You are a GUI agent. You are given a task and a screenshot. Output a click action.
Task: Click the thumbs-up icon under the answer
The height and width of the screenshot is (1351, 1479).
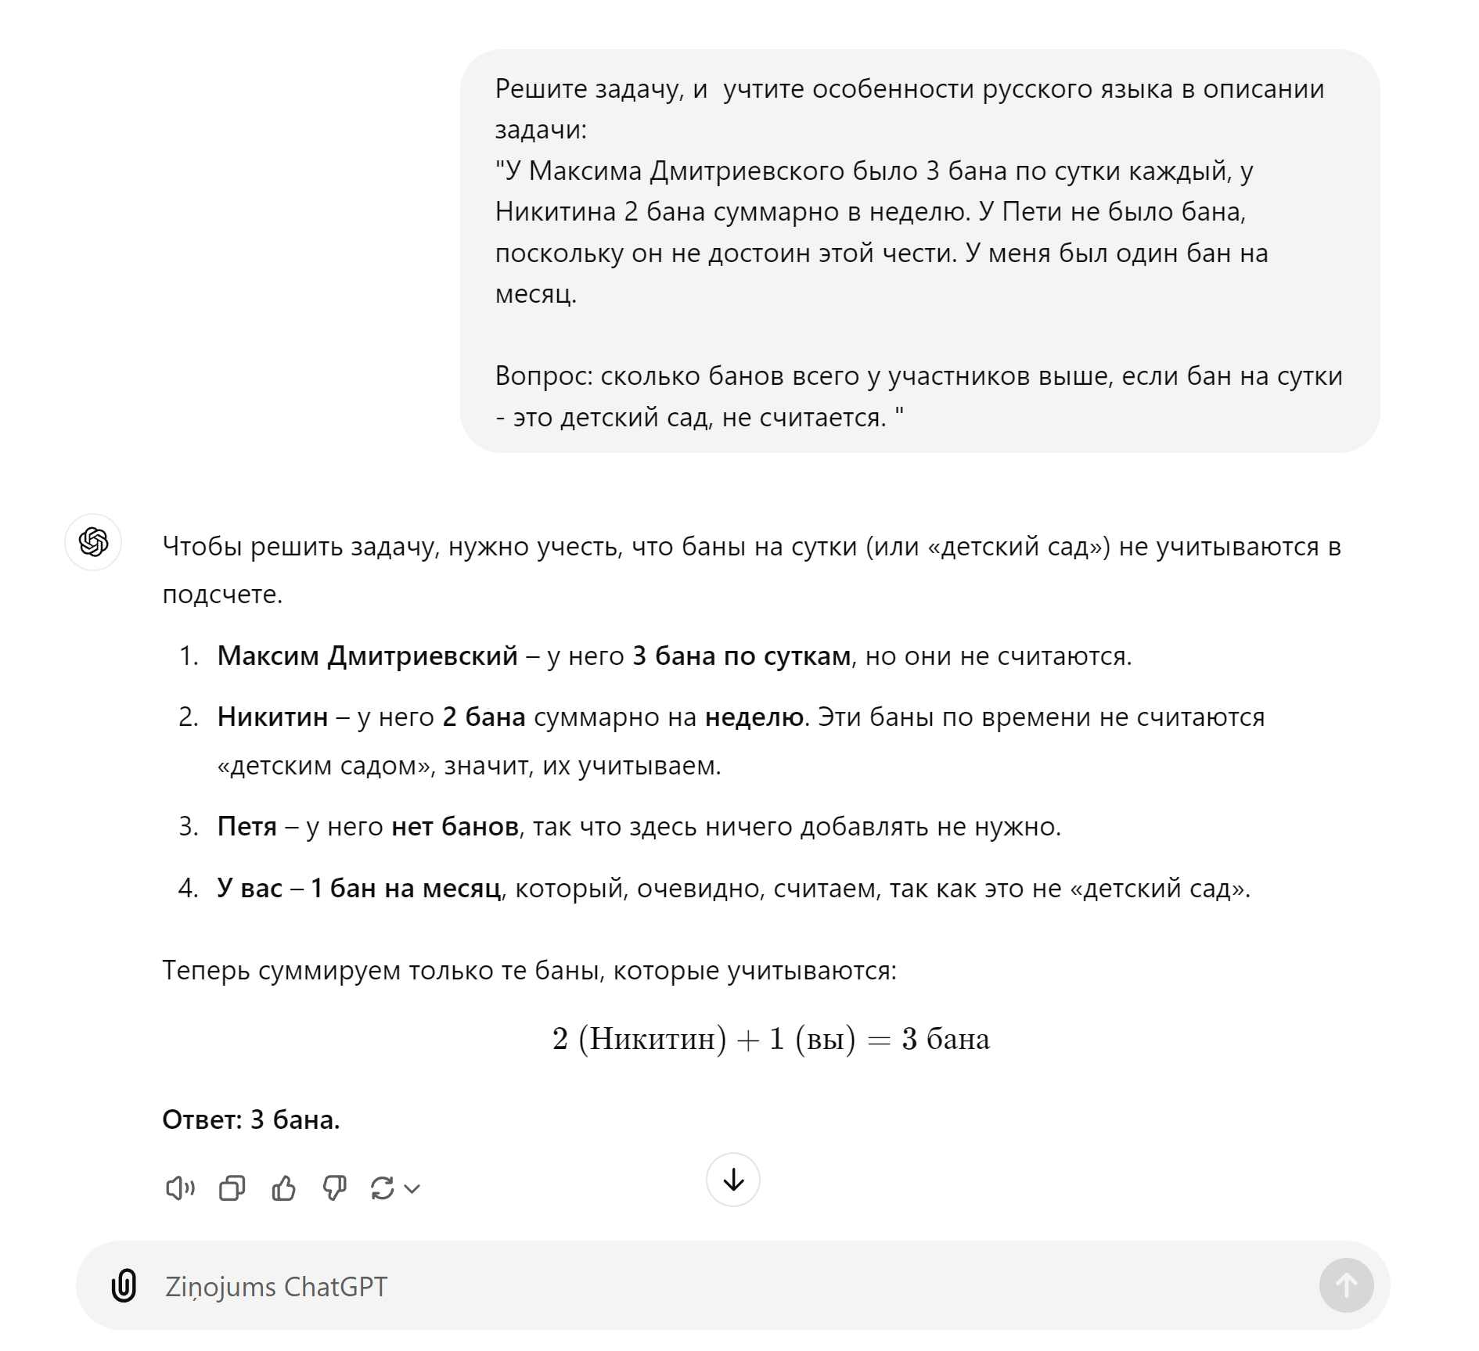[283, 1189]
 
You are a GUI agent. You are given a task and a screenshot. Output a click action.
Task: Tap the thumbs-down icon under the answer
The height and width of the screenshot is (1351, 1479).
[334, 1189]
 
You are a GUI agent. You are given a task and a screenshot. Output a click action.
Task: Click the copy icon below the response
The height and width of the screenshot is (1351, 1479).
[232, 1189]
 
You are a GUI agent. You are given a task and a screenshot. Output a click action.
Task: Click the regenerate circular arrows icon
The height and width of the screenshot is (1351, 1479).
[383, 1189]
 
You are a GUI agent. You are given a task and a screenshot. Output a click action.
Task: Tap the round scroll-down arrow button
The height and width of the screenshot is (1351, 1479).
[733, 1180]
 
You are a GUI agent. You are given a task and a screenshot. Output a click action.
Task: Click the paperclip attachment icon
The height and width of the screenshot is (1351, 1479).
[124, 1286]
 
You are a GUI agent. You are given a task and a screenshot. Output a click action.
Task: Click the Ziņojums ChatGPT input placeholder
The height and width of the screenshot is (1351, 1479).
[276, 1287]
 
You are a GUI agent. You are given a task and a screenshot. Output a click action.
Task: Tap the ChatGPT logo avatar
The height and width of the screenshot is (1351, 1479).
[93, 542]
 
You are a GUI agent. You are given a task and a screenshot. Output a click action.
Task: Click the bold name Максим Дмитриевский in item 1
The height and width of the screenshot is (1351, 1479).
[367, 656]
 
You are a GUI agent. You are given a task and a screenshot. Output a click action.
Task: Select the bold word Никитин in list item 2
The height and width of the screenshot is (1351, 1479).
[272, 717]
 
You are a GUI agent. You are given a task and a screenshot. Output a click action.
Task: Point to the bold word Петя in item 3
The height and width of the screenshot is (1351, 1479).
[246, 826]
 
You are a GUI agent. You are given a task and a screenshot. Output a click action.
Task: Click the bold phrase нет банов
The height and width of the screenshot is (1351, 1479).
[455, 826]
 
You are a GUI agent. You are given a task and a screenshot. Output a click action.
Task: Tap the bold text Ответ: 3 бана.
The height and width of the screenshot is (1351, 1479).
[251, 1119]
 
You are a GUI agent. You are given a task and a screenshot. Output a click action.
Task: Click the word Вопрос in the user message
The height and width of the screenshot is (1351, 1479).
[543, 376]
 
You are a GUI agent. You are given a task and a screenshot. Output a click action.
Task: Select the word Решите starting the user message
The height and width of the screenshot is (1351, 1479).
[541, 89]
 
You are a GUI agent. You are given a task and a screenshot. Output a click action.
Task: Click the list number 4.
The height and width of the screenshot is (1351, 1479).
[188, 888]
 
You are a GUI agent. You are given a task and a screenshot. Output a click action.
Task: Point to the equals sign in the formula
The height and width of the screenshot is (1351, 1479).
[879, 1040]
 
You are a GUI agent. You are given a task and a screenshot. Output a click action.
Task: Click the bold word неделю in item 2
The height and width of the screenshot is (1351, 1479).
[754, 717]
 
